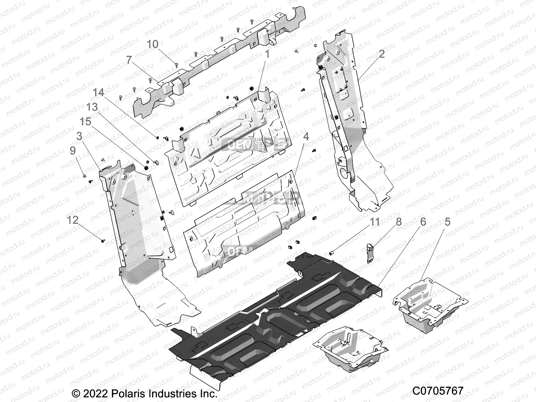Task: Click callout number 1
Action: coord(267,54)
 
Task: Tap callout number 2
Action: coord(382,54)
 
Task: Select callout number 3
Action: coord(79,136)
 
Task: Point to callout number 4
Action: coord(306,136)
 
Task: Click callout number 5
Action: coord(447,221)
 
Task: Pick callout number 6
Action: coord(423,221)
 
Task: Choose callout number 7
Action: coord(129,60)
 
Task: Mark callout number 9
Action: coord(73,151)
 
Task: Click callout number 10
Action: coord(152,44)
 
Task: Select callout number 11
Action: coord(375,221)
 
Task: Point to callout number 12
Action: coord(73,220)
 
